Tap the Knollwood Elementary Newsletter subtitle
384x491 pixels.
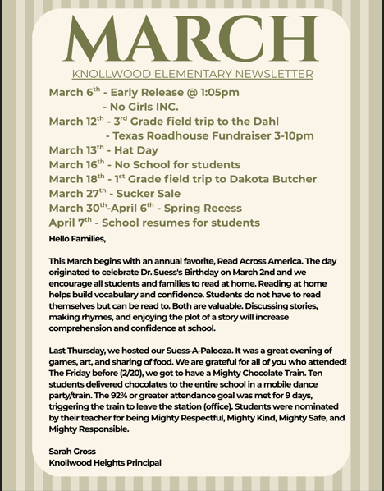click(x=192, y=75)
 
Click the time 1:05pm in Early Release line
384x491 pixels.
click(x=216, y=92)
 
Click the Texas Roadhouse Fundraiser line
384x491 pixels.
click(x=209, y=135)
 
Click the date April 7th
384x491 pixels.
click(x=72, y=223)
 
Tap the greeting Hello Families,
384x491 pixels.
click(x=78, y=240)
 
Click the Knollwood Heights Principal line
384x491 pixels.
click(x=104, y=462)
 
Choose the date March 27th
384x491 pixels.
click(x=77, y=194)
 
